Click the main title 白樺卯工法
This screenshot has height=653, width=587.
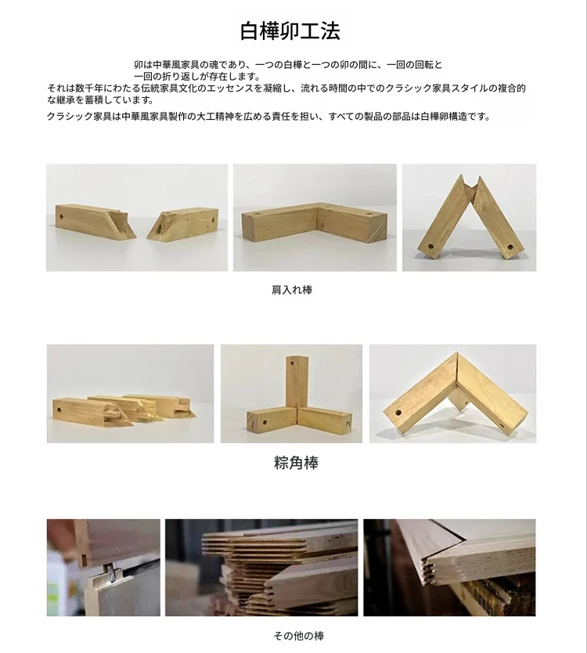(x=290, y=31)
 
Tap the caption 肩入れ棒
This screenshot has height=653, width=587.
(x=291, y=290)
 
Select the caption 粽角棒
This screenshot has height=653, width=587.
(x=296, y=463)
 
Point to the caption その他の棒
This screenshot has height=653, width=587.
(x=298, y=636)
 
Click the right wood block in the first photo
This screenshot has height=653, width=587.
(x=183, y=224)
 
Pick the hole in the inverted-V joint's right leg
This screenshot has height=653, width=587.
(x=510, y=247)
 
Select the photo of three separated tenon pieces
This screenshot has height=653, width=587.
(x=130, y=394)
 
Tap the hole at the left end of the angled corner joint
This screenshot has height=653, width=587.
(x=398, y=413)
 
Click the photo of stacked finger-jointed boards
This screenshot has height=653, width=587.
(x=261, y=568)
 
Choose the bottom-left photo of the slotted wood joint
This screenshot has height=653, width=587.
(x=103, y=568)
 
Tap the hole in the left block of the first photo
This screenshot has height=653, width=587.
(x=61, y=217)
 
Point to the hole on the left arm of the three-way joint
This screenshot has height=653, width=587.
(x=265, y=423)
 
